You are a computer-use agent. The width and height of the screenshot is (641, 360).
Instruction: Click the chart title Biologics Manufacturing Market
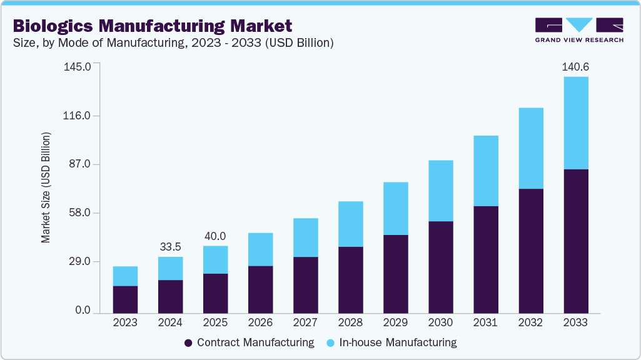click(152, 26)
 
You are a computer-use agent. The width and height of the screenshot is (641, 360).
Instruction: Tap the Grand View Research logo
click(578, 29)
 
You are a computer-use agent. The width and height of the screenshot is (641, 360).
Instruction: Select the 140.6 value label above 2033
click(575, 66)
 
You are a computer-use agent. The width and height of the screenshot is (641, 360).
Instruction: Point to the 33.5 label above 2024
click(170, 247)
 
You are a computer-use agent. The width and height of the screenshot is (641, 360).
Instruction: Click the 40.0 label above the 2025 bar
click(215, 236)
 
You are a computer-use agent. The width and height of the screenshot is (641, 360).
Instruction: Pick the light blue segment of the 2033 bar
click(575, 122)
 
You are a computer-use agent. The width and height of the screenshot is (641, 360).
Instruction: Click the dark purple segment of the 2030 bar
click(440, 267)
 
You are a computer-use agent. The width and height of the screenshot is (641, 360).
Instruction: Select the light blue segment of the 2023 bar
click(125, 276)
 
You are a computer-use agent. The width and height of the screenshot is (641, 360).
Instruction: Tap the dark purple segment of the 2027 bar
click(305, 284)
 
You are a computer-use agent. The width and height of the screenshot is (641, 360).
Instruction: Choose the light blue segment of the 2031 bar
click(485, 171)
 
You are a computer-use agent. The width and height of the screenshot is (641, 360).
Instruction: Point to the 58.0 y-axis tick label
click(80, 213)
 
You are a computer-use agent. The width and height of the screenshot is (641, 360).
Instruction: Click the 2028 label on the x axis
click(350, 323)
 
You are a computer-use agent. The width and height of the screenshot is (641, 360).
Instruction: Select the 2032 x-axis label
click(530, 323)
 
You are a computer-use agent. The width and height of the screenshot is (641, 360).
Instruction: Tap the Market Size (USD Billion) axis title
click(46, 188)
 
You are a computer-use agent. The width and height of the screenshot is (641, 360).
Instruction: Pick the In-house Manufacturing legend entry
click(391, 342)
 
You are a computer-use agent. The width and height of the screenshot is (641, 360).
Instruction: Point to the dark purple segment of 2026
click(260, 289)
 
